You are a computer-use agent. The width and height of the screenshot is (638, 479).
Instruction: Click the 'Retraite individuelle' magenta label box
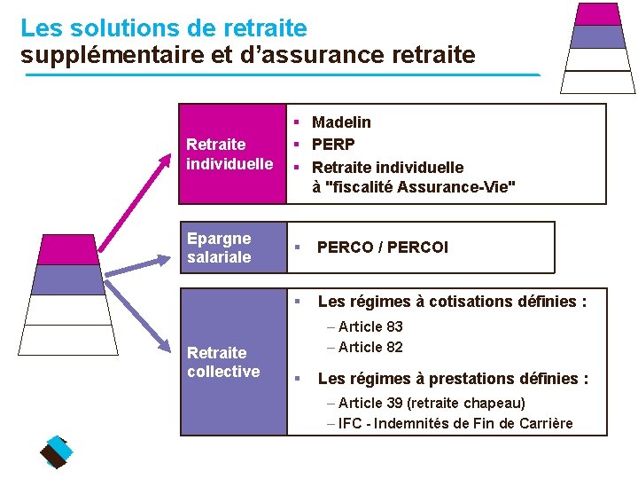230,153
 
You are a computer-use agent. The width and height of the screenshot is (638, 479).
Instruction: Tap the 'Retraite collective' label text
223,362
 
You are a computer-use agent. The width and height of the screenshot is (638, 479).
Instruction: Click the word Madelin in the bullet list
341,122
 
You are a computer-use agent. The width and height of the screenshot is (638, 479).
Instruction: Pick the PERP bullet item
333,145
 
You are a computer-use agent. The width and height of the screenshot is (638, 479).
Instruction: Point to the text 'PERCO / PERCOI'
383,247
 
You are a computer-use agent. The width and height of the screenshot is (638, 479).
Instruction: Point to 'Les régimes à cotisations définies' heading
452,302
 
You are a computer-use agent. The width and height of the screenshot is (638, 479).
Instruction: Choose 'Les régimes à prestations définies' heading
453,379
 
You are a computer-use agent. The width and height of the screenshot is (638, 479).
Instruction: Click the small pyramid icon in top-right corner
598,46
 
